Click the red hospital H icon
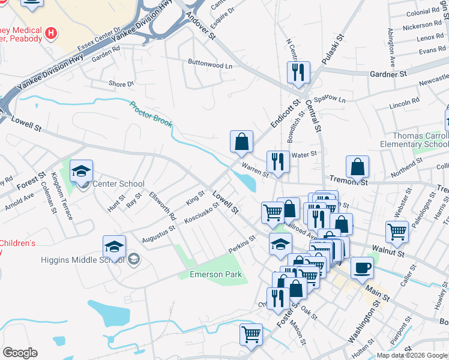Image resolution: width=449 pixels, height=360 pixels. pyautogui.click(x=52, y=32)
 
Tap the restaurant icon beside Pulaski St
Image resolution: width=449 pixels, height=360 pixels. pyautogui.click(x=298, y=73)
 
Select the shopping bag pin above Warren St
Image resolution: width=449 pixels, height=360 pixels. pyautogui.click(x=241, y=142)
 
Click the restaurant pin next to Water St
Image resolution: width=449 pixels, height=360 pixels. pyautogui.click(x=278, y=162)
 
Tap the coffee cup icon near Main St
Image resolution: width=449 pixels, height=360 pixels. pyautogui.click(x=362, y=268)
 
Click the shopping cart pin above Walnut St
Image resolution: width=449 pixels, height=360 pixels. pyautogui.click(x=397, y=231)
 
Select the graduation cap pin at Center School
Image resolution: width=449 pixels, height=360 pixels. pyautogui.click(x=81, y=172)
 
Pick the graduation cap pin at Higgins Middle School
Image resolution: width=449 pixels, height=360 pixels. pyautogui.click(x=114, y=247)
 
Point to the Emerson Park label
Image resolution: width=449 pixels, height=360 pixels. pyautogui.click(x=217, y=274)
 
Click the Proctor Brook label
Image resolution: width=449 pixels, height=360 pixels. pyautogui.click(x=151, y=114)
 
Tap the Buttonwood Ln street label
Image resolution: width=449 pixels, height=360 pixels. pyautogui.click(x=209, y=65)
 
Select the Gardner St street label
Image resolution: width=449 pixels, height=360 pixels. pyautogui.click(x=388, y=74)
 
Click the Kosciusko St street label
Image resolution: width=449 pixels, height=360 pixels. pyautogui.click(x=201, y=213)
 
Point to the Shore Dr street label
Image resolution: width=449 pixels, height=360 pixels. pyautogui.click(x=121, y=84)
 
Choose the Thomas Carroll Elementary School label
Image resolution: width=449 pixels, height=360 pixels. pyautogui.click(x=414, y=140)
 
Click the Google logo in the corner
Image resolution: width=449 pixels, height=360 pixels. pyautogui.click(x=20, y=353)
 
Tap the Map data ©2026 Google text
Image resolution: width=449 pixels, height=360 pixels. pyautogui.click(x=412, y=355)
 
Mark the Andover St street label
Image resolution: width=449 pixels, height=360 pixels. pyautogui.click(x=203, y=25)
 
